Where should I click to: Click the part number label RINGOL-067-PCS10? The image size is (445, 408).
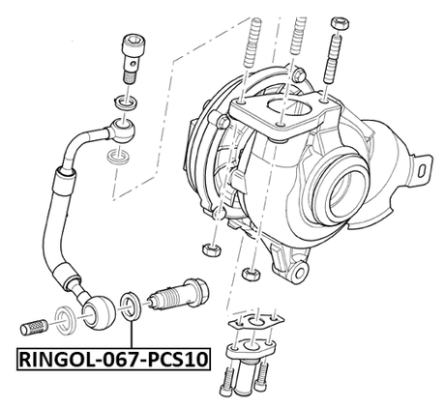click(x=112, y=361)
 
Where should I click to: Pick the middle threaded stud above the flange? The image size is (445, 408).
click(x=294, y=44)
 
